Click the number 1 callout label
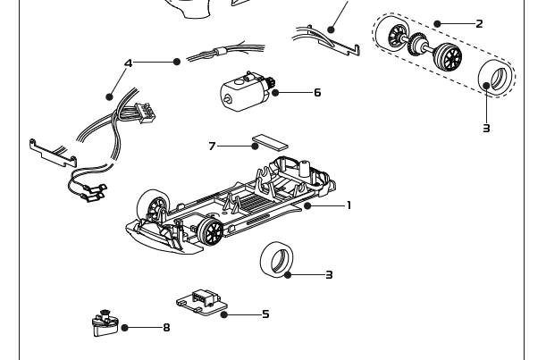[x=349, y=205]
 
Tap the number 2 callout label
[x=479, y=24]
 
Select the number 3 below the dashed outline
[x=486, y=129]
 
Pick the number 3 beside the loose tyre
[x=329, y=275]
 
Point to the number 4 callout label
[x=129, y=63]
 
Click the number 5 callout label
[x=265, y=314]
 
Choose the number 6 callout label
[x=316, y=93]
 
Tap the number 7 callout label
[x=212, y=146]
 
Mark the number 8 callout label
[x=166, y=328]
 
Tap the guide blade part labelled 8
[x=105, y=322]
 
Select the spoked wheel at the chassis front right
[x=212, y=231]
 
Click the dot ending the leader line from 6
[x=276, y=93]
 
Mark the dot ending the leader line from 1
[x=307, y=205]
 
